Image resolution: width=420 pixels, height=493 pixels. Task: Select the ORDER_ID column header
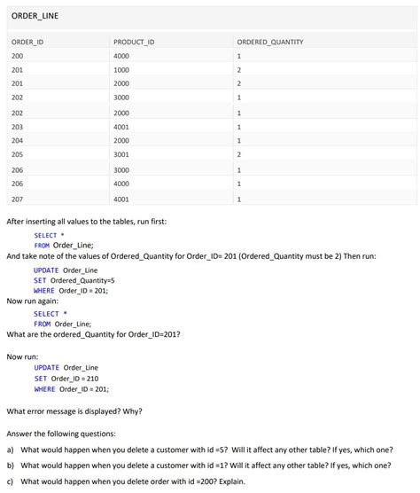(x=27, y=42)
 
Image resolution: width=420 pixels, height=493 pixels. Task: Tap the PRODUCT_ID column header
(x=134, y=42)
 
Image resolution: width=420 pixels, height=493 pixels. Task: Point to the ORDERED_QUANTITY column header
(x=270, y=42)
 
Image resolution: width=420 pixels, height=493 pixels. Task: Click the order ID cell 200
(x=18, y=56)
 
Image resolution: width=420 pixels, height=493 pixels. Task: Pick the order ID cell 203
(x=18, y=127)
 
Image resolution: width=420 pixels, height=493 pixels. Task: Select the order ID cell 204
(x=18, y=141)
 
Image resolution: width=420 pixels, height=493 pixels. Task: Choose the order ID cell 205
(x=18, y=155)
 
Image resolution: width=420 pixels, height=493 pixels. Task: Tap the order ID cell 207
(x=18, y=200)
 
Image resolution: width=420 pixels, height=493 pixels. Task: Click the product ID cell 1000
(x=121, y=70)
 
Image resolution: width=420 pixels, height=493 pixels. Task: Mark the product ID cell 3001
(x=121, y=155)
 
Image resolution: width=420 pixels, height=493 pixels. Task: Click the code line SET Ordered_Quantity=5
(x=74, y=280)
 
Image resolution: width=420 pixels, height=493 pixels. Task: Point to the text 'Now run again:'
(x=32, y=301)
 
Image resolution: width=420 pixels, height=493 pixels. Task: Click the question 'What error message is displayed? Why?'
(x=74, y=411)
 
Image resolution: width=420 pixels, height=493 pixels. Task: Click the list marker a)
(x=11, y=450)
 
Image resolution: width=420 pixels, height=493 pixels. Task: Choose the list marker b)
(x=11, y=465)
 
